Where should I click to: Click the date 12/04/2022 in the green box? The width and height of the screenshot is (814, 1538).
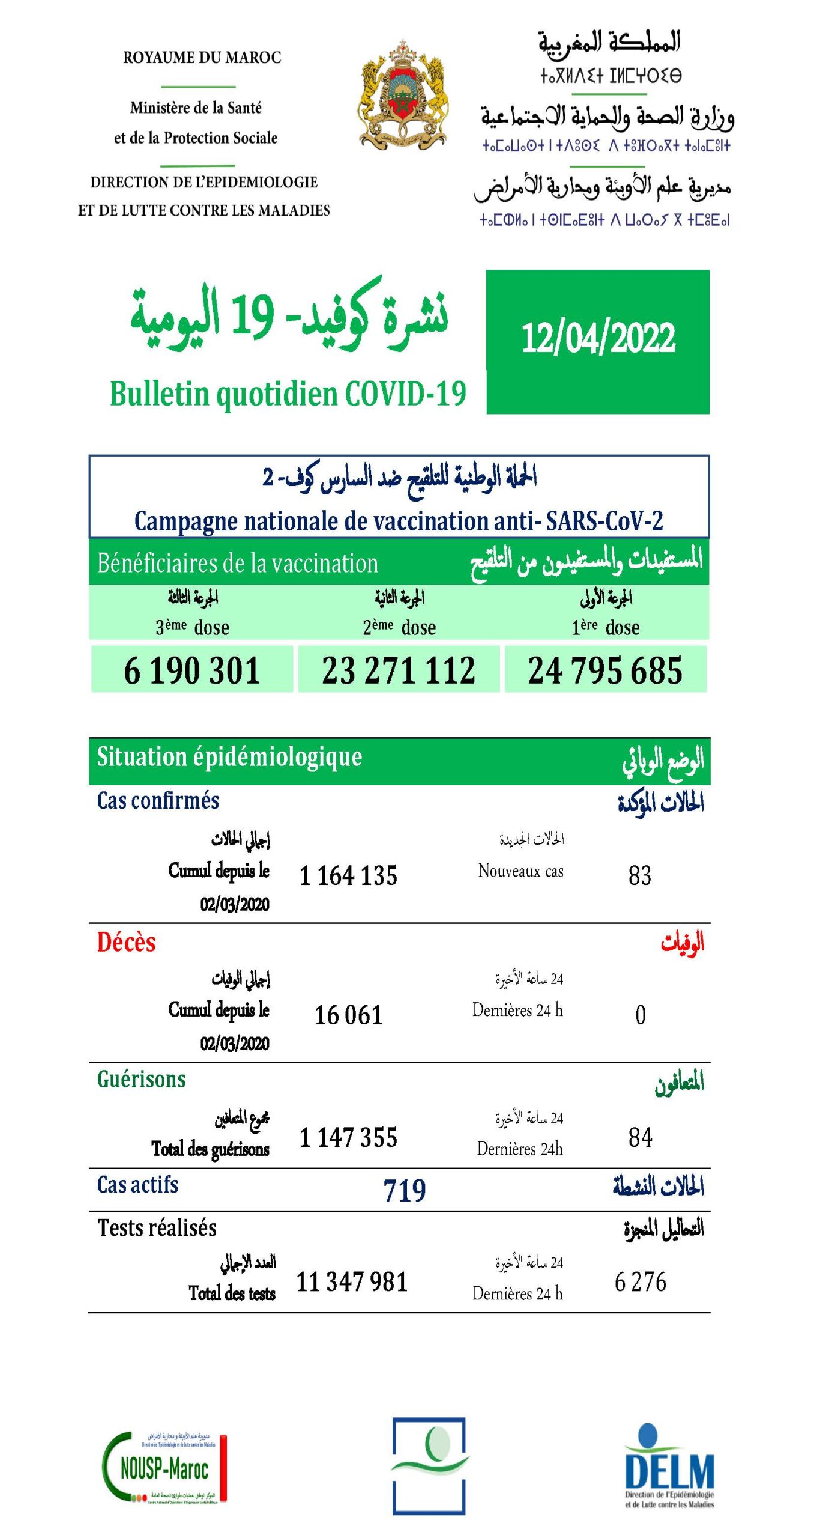[598, 338]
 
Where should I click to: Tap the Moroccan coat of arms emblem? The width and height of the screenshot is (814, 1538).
[403, 96]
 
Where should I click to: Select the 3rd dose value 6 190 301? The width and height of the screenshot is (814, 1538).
[192, 670]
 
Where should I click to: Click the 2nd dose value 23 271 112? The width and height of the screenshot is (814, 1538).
[399, 670]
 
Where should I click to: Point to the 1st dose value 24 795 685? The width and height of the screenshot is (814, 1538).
[605, 670]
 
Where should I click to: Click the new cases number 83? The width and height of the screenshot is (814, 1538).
[640, 875]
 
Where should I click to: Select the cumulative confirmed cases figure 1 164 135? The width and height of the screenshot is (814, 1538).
[348, 875]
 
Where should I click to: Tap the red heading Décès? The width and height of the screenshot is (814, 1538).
[127, 942]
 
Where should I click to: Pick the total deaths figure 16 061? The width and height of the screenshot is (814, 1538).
[348, 1015]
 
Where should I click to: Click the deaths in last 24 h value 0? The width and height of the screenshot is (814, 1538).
[641, 1015]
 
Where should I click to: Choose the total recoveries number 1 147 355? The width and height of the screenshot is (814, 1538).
[348, 1137]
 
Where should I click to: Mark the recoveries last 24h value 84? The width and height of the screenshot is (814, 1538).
[641, 1137]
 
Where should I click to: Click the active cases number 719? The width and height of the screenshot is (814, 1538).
[405, 1190]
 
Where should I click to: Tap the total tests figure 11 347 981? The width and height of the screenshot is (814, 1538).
[352, 1281]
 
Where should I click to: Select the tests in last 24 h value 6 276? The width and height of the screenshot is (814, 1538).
[641, 1281]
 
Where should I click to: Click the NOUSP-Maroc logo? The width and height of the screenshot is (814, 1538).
[164, 1468]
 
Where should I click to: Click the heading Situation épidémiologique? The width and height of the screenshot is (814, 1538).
[229, 757]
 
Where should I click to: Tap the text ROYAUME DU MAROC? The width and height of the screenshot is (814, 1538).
[202, 58]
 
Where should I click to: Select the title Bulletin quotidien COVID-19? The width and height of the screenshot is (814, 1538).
[288, 394]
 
